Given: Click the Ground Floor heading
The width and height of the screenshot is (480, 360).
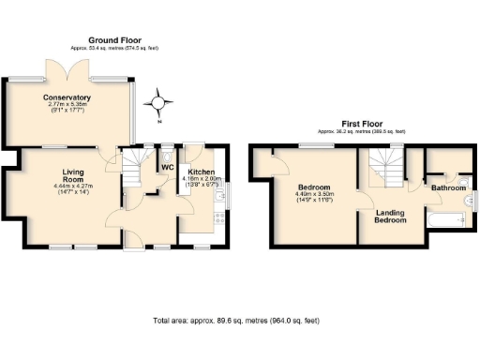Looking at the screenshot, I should (114, 39).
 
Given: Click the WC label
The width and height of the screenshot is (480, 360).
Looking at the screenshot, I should (168, 168).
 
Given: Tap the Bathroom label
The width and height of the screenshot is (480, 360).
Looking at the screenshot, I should (448, 188).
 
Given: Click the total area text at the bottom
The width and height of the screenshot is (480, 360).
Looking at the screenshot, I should (236, 321).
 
